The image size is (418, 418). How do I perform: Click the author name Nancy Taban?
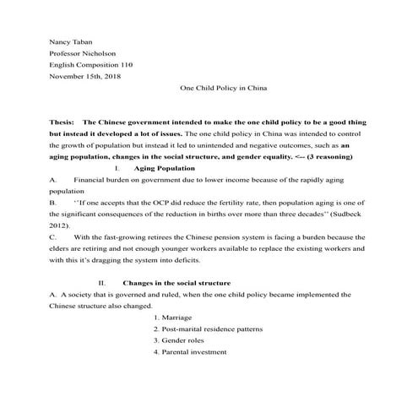point(71,41)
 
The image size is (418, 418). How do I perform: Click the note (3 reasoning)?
point(333,157)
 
